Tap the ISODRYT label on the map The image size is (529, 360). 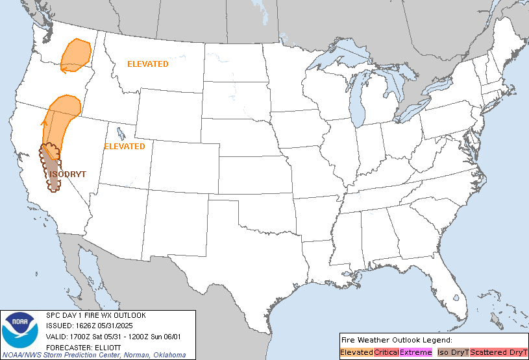click(68, 174)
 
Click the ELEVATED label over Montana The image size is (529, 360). click(148, 64)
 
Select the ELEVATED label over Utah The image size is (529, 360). click(125, 147)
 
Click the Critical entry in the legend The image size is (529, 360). click(386, 352)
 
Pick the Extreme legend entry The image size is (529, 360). click(415, 352)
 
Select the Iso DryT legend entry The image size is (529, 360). click(452, 352)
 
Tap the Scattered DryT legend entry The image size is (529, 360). click(498, 352)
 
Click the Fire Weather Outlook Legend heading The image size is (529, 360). click(387, 340)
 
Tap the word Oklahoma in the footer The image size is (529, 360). click(170, 355)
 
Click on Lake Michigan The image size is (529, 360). click(356, 97)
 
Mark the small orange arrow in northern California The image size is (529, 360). click(45, 121)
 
